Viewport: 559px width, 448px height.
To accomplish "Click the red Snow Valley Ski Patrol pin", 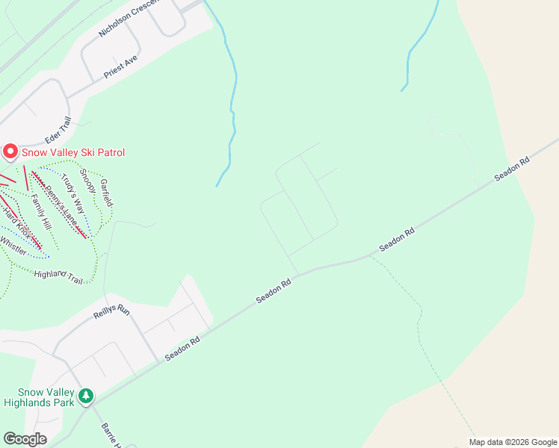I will point(10,152).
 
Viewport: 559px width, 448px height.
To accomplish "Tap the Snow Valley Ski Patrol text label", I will point(72,153).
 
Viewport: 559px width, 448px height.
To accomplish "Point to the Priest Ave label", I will point(121,68).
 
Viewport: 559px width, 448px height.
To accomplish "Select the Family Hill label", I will point(40,212).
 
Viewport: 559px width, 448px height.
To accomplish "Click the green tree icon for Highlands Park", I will point(87,395).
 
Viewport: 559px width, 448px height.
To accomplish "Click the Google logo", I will point(25,439).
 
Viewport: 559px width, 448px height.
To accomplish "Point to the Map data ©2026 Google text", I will point(512,442).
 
